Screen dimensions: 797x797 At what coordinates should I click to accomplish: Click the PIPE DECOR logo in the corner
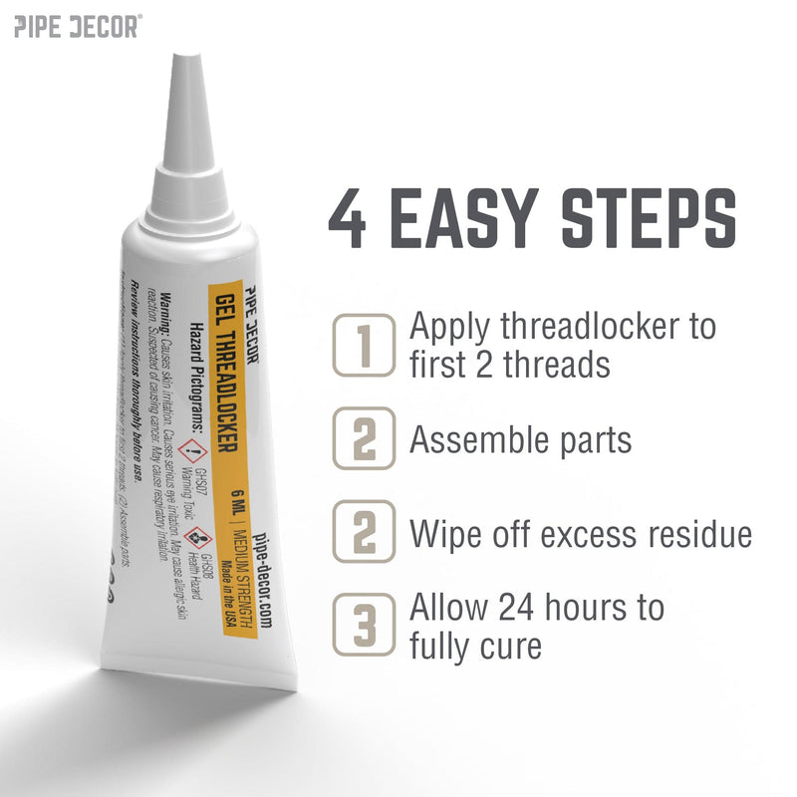click(x=77, y=26)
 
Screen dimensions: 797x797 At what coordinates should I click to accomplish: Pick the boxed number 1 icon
click(x=364, y=345)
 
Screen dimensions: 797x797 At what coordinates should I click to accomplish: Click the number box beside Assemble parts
click(x=364, y=439)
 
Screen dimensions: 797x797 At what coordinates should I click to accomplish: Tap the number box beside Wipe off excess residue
click(x=364, y=534)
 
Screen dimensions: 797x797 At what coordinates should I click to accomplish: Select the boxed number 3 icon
click(x=364, y=625)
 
